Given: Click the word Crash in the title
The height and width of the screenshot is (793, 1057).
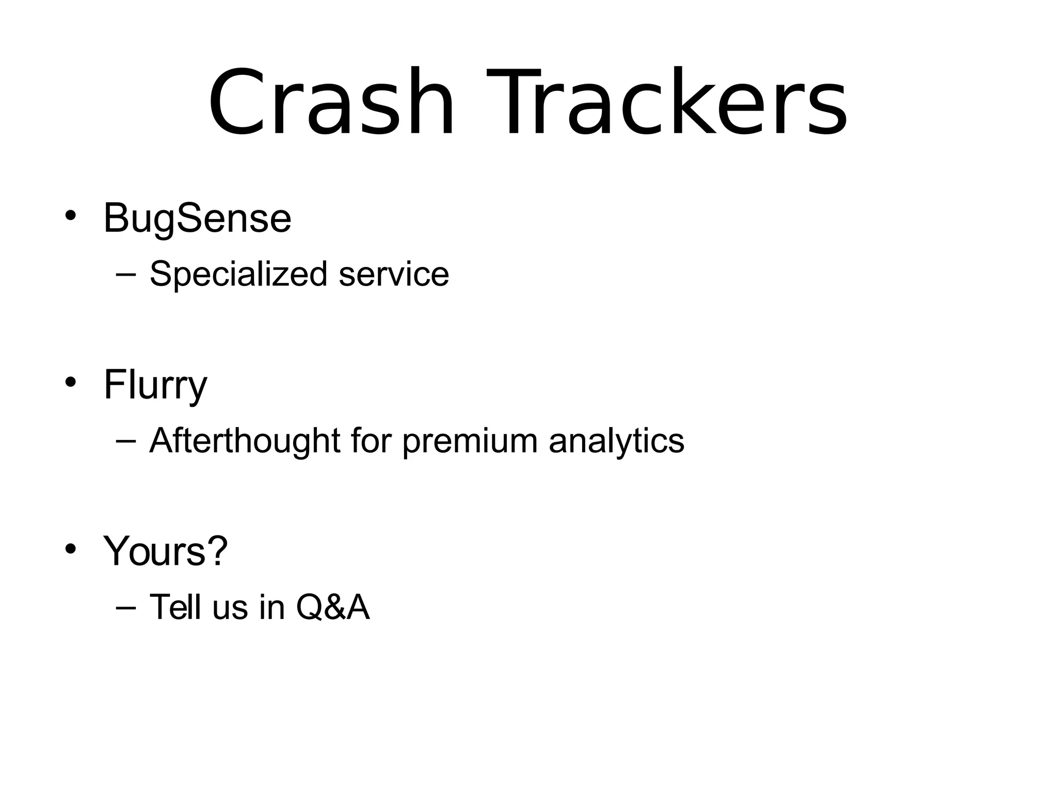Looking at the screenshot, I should coord(330,103).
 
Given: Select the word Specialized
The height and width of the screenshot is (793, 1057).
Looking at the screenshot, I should coord(238,274).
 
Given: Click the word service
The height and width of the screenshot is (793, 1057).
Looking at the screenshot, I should coord(394,274).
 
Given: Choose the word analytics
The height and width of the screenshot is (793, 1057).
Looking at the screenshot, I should coord(616,442).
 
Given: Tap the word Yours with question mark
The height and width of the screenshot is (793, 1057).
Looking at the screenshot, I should coord(165,551).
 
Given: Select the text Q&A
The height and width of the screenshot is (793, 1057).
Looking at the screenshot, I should coord(333,607).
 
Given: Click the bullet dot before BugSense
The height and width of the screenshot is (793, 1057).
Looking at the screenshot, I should coord(71,215).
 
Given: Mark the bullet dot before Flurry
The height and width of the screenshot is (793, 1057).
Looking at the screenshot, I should coord(71,382).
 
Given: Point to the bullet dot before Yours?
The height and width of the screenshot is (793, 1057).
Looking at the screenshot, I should coord(71,549).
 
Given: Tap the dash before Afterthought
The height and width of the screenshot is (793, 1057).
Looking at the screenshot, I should coord(126,441).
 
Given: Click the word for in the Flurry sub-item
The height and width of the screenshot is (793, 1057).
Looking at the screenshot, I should coord(370,441).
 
